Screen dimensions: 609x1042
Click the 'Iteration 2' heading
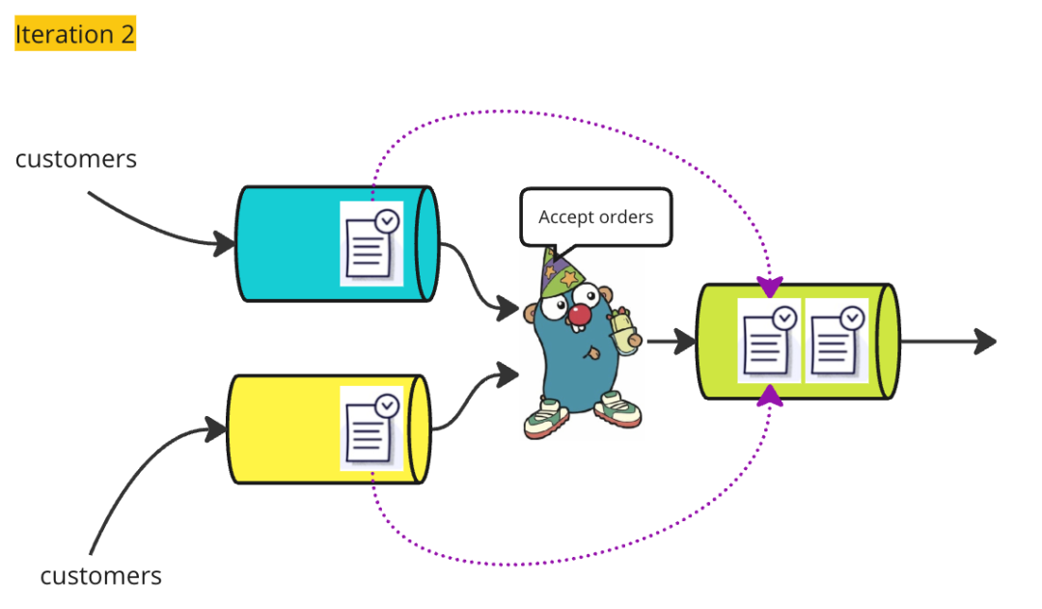pyautogui.click(x=75, y=35)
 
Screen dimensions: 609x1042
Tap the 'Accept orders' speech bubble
pyautogui.click(x=595, y=217)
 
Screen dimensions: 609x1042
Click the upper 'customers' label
pyautogui.click(x=76, y=158)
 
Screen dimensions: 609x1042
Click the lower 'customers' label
pyautogui.click(x=100, y=576)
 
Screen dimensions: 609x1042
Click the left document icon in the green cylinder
pyautogui.click(x=769, y=341)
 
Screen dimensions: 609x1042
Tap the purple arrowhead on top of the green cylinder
pyautogui.click(x=770, y=287)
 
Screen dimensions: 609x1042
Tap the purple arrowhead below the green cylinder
pyautogui.click(x=770, y=395)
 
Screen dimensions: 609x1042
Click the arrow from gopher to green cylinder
pyautogui.click(x=672, y=341)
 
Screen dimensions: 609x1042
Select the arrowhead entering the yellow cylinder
pyautogui.click(x=214, y=429)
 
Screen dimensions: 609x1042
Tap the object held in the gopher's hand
pyautogui.click(x=623, y=325)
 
